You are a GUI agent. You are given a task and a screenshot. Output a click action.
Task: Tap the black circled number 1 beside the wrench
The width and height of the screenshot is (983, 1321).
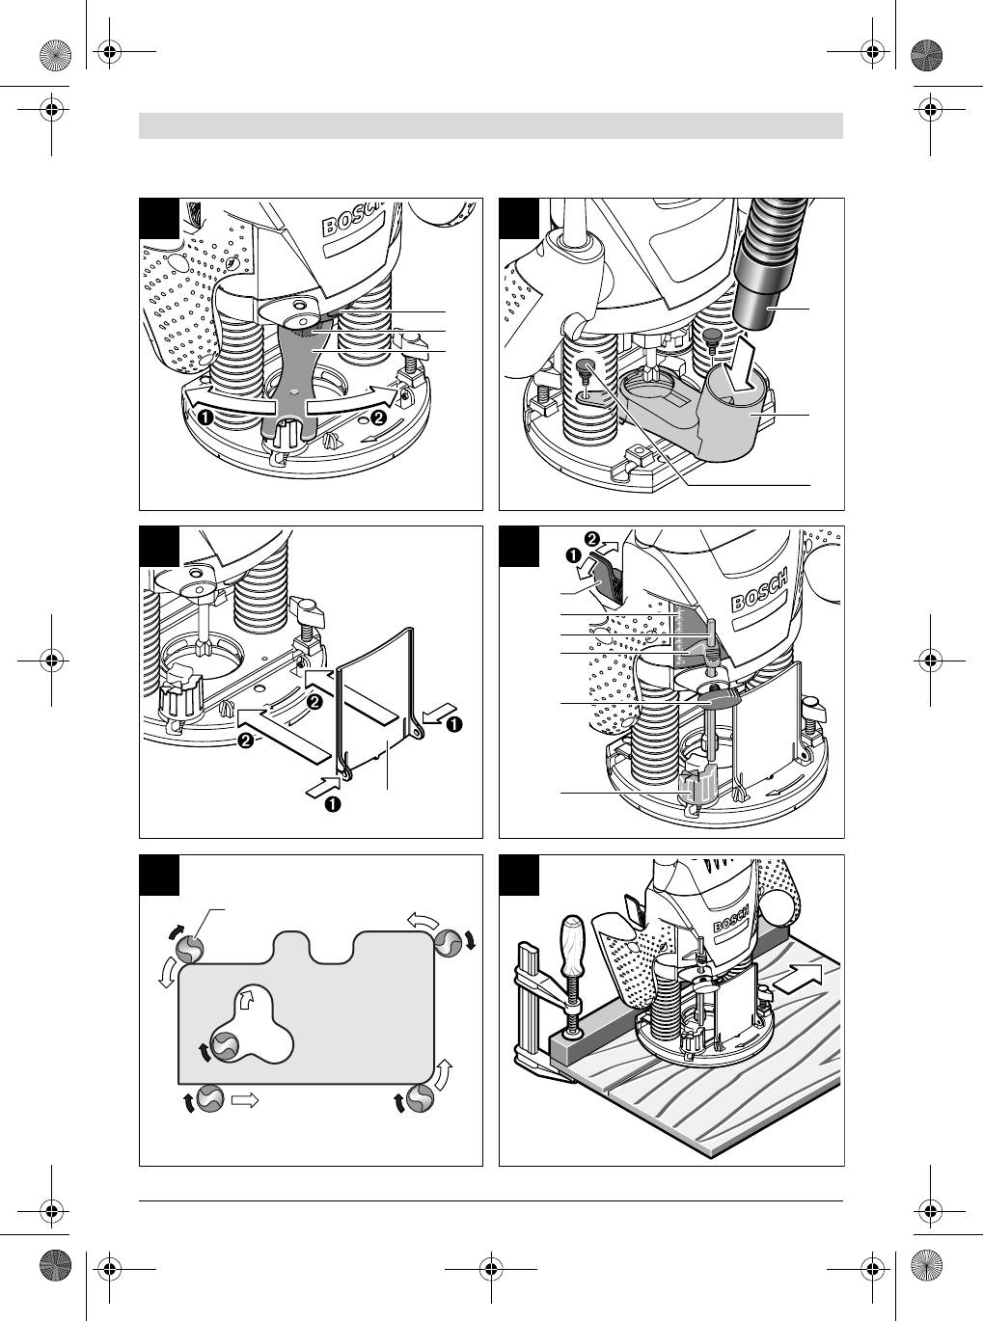pyautogui.click(x=206, y=418)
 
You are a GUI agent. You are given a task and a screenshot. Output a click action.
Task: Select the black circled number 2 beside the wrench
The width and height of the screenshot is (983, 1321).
pyautogui.click(x=378, y=418)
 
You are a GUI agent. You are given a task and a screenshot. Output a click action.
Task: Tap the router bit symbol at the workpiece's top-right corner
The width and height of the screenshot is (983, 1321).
pyautogui.click(x=449, y=942)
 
